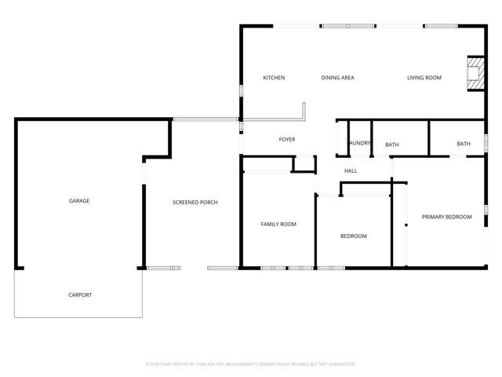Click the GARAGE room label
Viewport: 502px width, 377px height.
(79, 201)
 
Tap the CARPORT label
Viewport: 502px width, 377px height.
(79, 295)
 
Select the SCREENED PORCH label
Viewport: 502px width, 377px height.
(195, 203)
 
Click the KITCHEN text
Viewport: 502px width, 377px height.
(274, 78)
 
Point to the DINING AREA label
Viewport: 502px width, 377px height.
(337, 78)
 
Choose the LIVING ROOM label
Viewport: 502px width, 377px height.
(424, 78)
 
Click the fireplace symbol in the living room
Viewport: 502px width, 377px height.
(475, 73)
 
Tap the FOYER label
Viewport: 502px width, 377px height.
(287, 140)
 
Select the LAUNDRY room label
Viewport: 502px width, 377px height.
(360, 143)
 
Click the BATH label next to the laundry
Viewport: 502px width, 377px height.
(392, 145)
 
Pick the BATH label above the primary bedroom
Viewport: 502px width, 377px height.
(464, 144)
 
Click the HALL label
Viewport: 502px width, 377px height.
(351, 170)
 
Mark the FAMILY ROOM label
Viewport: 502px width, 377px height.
(278, 225)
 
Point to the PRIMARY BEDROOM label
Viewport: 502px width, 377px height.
(446, 217)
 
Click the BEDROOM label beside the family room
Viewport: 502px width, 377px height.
(353, 236)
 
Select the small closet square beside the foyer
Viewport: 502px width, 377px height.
(304, 163)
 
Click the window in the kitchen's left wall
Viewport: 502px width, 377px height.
(241, 91)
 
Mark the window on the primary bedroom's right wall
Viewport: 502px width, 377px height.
(486, 210)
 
